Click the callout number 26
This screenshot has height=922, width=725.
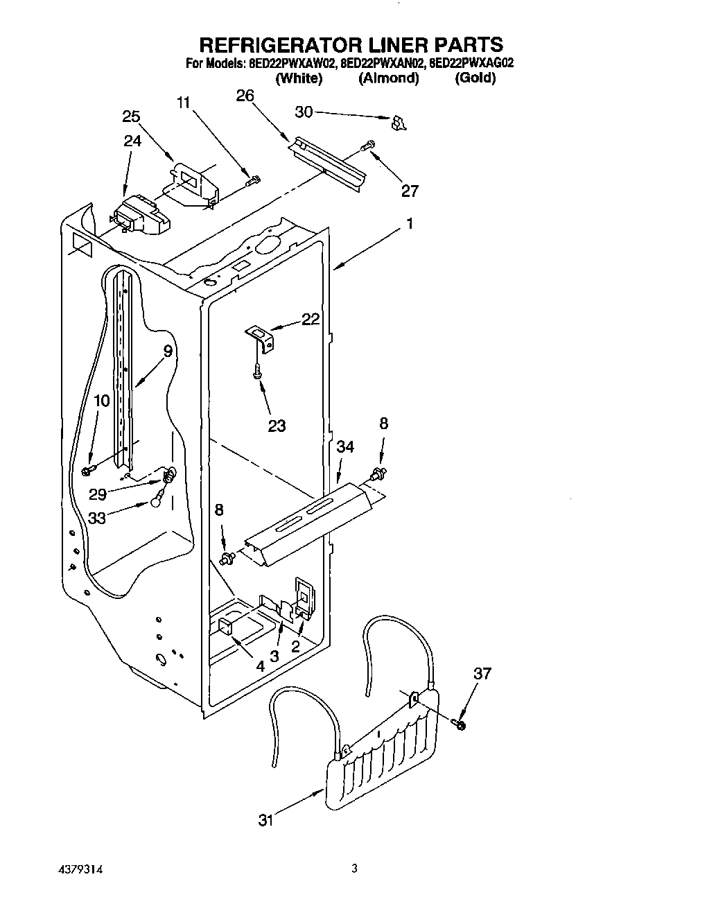(245, 96)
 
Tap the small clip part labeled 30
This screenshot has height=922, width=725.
(399, 123)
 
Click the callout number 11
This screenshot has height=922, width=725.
(183, 103)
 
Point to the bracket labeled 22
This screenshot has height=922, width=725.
(262, 336)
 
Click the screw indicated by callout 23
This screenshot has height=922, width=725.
(257, 372)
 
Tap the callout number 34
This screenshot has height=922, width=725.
(345, 447)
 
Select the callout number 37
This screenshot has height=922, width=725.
(482, 672)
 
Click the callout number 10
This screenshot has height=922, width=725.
(101, 400)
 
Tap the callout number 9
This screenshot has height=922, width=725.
(168, 351)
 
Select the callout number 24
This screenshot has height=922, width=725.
(132, 141)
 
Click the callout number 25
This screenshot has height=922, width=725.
(131, 116)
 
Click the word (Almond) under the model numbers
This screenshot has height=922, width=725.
(388, 78)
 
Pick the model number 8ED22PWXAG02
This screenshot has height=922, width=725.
(471, 64)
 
